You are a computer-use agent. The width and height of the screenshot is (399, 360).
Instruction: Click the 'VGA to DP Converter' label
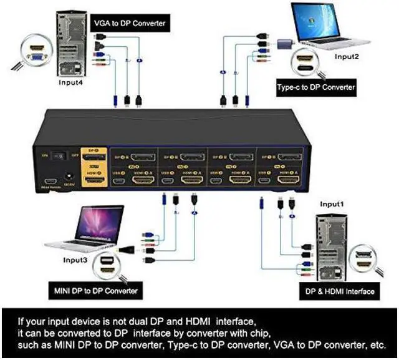coord(130,24)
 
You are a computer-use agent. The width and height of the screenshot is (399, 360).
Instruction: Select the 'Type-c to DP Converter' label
coord(317,87)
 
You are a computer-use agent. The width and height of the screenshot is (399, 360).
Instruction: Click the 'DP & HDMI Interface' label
coord(340,291)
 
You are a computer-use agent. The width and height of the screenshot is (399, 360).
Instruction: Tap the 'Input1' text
coord(332,204)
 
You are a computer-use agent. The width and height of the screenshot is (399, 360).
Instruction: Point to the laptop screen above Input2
coord(326,22)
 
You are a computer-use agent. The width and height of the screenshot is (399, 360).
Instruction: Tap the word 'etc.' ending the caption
coord(376,345)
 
